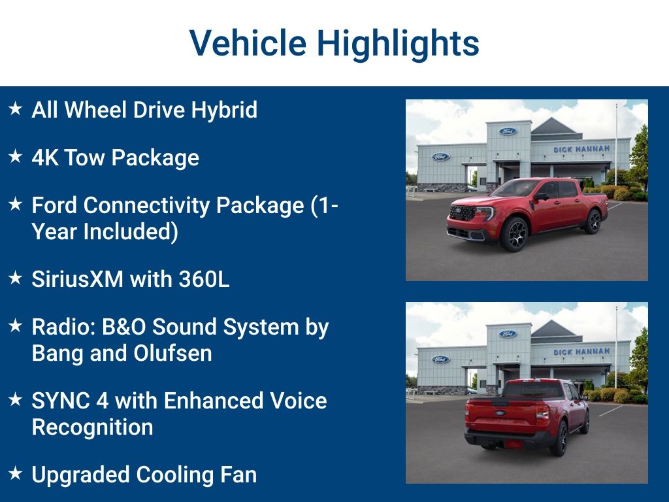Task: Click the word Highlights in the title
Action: [398, 43]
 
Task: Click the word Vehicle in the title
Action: [248, 43]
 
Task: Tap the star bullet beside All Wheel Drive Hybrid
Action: [16, 109]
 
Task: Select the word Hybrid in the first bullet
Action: [224, 110]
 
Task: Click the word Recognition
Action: [92, 427]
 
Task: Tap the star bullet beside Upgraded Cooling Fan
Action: [16, 474]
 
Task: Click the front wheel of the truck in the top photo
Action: [514, 233]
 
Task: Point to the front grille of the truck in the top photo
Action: [462, 213]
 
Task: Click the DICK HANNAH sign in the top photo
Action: [581, 150]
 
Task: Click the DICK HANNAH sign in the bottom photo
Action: [581, 352]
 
